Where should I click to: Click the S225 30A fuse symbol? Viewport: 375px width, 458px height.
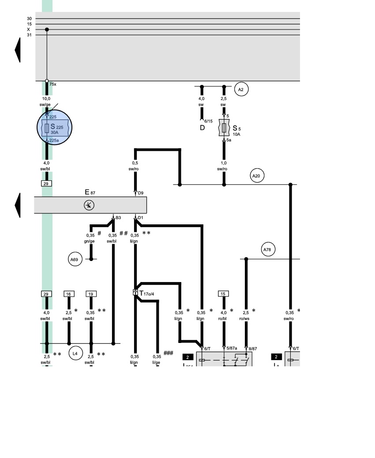47,128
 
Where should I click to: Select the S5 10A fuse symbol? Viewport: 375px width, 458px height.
224,128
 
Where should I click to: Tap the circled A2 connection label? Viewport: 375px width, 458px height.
240,89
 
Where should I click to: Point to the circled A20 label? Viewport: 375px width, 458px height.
256,176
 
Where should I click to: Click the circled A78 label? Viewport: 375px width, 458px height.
267,250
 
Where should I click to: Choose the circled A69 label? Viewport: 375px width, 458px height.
74,260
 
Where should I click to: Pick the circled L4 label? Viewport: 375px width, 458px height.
75,353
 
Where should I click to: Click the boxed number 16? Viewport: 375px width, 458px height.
68,294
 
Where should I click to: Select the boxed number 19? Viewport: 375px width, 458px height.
91,294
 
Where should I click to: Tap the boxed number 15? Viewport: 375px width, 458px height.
223,294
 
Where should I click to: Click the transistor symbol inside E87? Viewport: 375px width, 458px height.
89,205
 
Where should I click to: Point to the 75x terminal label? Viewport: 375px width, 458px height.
52,84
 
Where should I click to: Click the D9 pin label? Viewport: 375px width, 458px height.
141,193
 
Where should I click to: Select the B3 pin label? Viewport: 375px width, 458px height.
118,218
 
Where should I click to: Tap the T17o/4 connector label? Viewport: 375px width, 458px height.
147,293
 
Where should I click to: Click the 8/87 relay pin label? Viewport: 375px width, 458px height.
253,348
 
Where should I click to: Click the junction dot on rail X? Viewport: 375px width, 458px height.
47,30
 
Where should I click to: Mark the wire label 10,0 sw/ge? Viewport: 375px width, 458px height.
46,101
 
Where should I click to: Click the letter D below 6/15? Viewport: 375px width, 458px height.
202,128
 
